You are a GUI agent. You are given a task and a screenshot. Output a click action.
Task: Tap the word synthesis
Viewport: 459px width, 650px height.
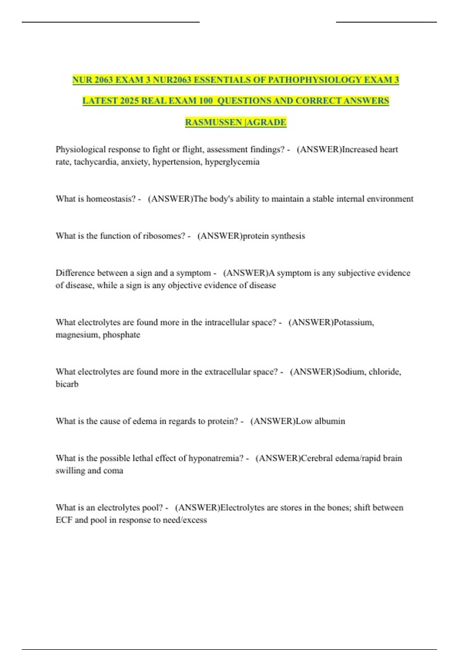(288, 236)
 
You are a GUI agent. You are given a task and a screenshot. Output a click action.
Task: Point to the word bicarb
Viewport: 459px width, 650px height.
(67, 384)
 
